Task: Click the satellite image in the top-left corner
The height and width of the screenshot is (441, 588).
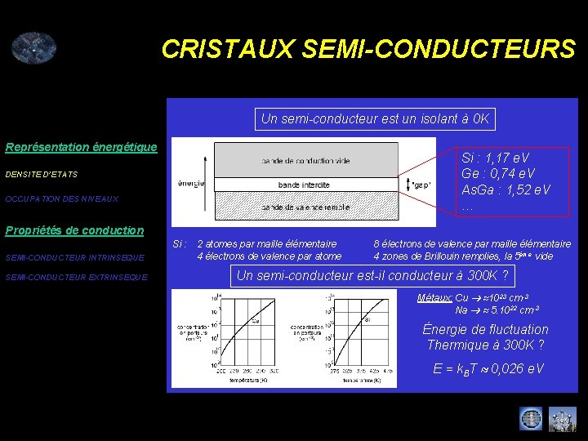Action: pos(33,47)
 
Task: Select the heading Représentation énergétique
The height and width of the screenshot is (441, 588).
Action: pos(81,147)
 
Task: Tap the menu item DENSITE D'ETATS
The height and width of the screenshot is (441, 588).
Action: pos(42,174)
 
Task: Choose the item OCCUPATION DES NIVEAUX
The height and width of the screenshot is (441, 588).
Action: pos(61,198)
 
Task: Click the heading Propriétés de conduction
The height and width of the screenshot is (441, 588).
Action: pos(74,230)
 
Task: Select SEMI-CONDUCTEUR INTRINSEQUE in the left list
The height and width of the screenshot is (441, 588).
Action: pos(74,258)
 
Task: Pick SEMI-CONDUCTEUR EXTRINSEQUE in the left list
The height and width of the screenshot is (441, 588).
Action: pos(76,277)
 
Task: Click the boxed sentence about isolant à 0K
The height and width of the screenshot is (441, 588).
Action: pos(375,119)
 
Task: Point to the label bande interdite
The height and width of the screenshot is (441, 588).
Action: pos(305,185)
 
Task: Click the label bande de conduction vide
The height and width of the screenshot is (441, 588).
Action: pos(305,160)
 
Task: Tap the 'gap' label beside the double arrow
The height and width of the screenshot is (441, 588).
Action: pos(422,184)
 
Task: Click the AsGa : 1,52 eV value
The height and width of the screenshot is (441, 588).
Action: pos(506,189)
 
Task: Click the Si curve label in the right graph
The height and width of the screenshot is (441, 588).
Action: pos(367,319)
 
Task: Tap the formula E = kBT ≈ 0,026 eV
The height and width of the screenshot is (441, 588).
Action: pos(488,369)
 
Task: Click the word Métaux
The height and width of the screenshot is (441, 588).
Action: pos(434,298)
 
